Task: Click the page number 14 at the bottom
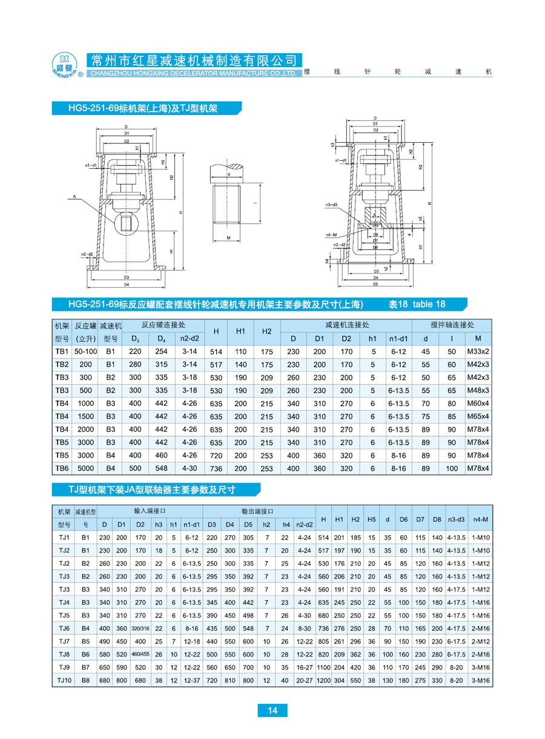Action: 272,711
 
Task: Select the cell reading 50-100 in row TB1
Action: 86,351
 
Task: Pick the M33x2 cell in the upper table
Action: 478,351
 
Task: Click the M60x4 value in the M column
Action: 478,403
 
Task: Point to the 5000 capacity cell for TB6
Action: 86,468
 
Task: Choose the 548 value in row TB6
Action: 161,468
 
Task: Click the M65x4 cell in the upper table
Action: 478,417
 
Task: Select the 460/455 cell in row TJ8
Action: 140,654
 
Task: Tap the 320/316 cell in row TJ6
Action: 140,628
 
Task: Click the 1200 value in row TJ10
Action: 323,680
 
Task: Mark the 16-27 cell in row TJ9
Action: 304,667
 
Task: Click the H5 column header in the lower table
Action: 372,519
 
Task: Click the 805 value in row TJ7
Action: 323,641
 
